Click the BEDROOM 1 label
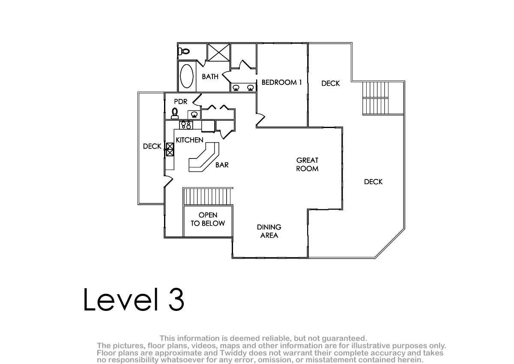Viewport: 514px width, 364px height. (x=281, y=82)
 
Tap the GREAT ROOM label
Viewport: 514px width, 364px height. (x=307, y=164)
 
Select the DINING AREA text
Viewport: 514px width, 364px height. (x=269, y=231)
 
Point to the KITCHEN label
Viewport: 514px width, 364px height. (x=189, y=140)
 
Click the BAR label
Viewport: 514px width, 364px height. (x=222, y=165)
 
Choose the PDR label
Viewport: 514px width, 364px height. (x=181, y=101)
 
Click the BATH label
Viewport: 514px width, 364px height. (x=210, y=76)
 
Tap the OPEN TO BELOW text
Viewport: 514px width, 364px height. (x=208, y=219)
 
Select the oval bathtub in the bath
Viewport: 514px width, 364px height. (x=187, y=76)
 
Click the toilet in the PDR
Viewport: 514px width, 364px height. (x=175, y=113)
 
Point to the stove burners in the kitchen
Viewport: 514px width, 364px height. (x=186, y=125)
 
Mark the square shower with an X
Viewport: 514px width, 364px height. (x=219, y=53)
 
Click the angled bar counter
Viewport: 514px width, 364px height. (x=204, y=157)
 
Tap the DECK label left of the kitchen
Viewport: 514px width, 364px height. (x=152, y=146)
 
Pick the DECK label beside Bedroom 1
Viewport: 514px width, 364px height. (x=330, y=83)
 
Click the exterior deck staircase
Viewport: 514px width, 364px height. (x=376, y=98)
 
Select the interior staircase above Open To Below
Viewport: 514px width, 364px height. (x=207, y=196)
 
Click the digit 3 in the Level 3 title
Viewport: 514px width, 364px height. (x=176, y=299)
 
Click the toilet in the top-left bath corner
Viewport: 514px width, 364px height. (x=184, y=51)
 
